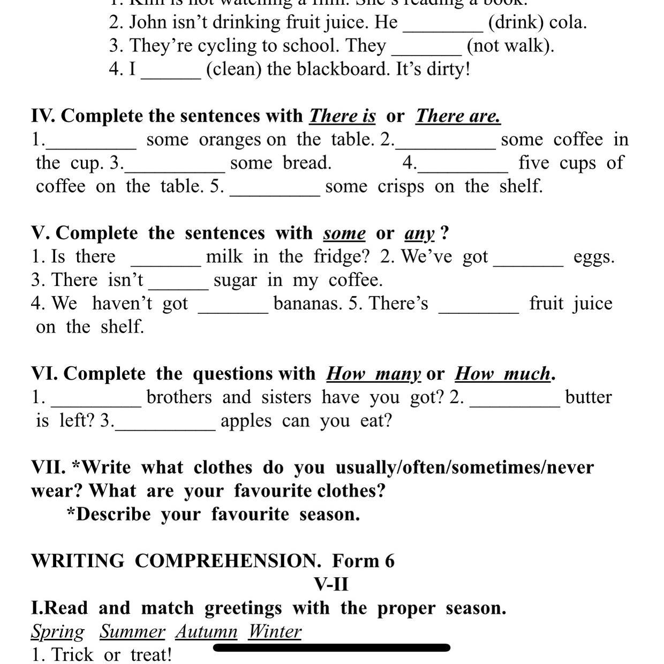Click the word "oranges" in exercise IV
230,140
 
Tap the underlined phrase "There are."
458,116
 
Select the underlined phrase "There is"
342,116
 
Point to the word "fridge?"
341,256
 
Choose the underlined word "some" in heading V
344,233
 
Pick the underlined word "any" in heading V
420,234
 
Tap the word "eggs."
594,257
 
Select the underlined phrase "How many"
373,374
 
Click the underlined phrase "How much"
502,374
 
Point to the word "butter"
588,397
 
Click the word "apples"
246,421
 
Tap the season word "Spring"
57,632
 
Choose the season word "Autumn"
206,632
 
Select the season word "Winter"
274,632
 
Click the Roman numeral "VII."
48,467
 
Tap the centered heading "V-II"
331,584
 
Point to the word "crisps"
401,186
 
